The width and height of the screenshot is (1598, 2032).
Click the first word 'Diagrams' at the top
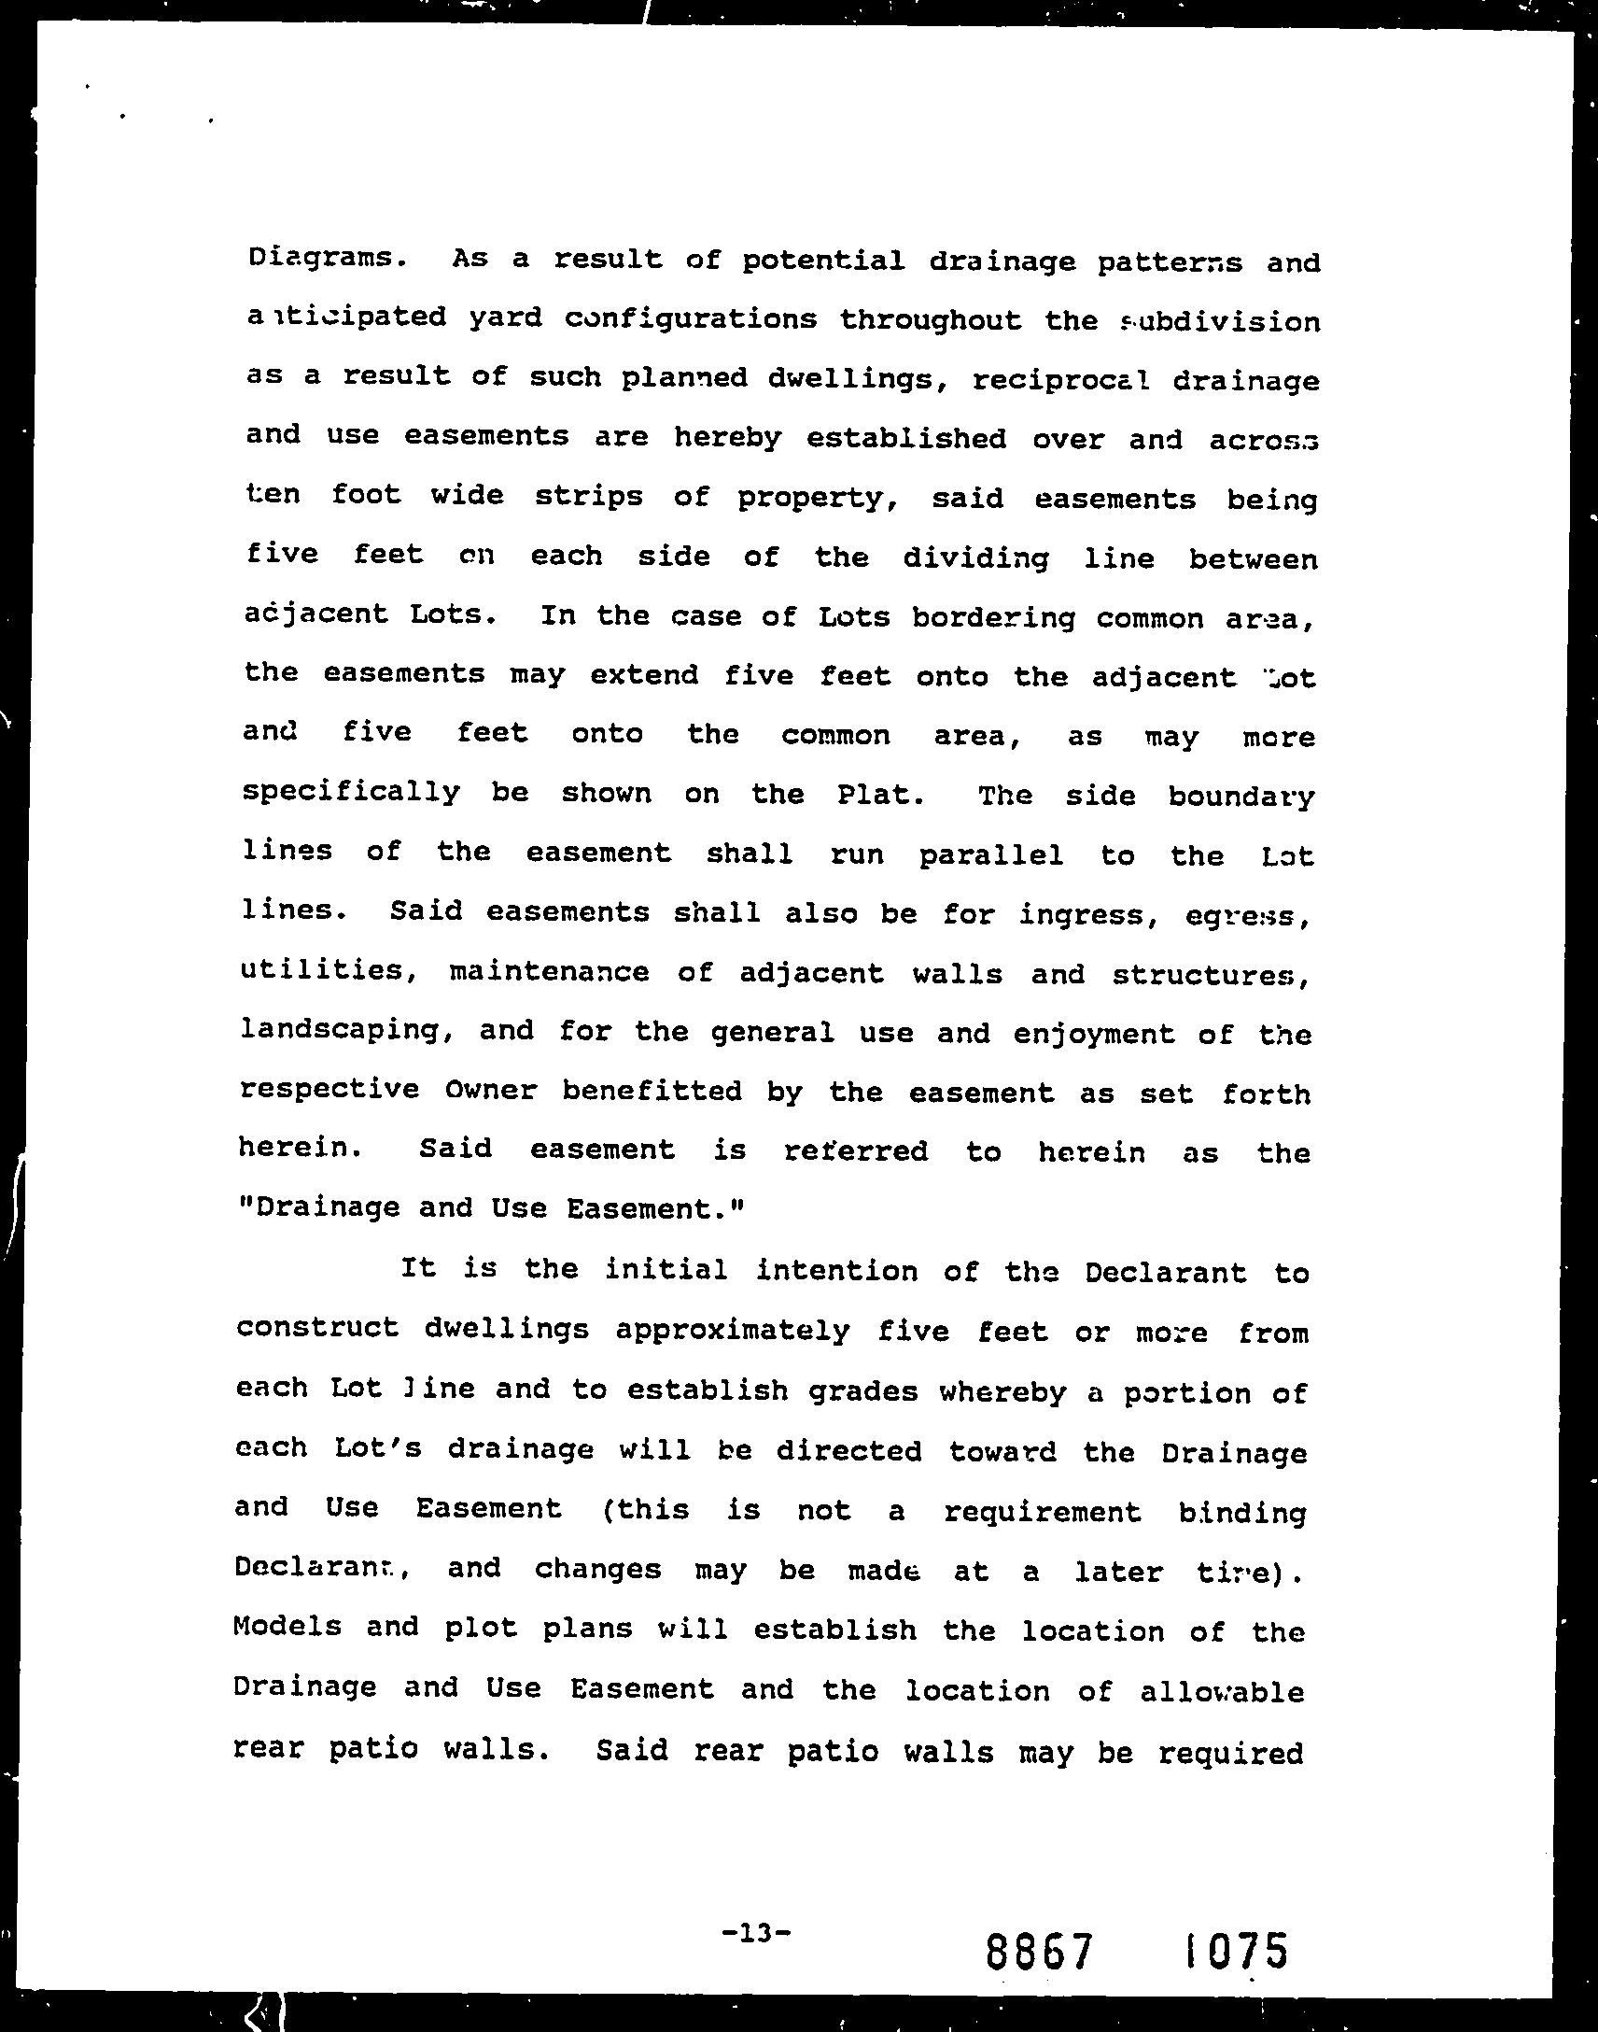pyautogui.click(x=318, y=258)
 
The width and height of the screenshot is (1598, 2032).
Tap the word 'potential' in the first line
pyautogui.click(x=823, y=261)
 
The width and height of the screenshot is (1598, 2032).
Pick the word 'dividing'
pyautogui.click(x=974, y=558)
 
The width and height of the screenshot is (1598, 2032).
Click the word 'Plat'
pyautogui.click(x=877, y=795)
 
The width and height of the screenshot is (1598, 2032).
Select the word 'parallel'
pyautogui.click(x=990, y=855)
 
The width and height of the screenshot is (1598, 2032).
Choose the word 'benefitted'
pyautogui.click(x=652, y=1091)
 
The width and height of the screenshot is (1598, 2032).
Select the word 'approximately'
pyautogui.click(x=732, y=1330)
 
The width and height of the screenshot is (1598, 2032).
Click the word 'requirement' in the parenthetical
pyautogui.click(x=1043, y=1512)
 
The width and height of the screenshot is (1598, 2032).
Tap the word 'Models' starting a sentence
pyautogui.click(x=287, y=1626)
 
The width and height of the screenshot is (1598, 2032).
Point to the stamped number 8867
pyautogui.click(x=1039, y=1953)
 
